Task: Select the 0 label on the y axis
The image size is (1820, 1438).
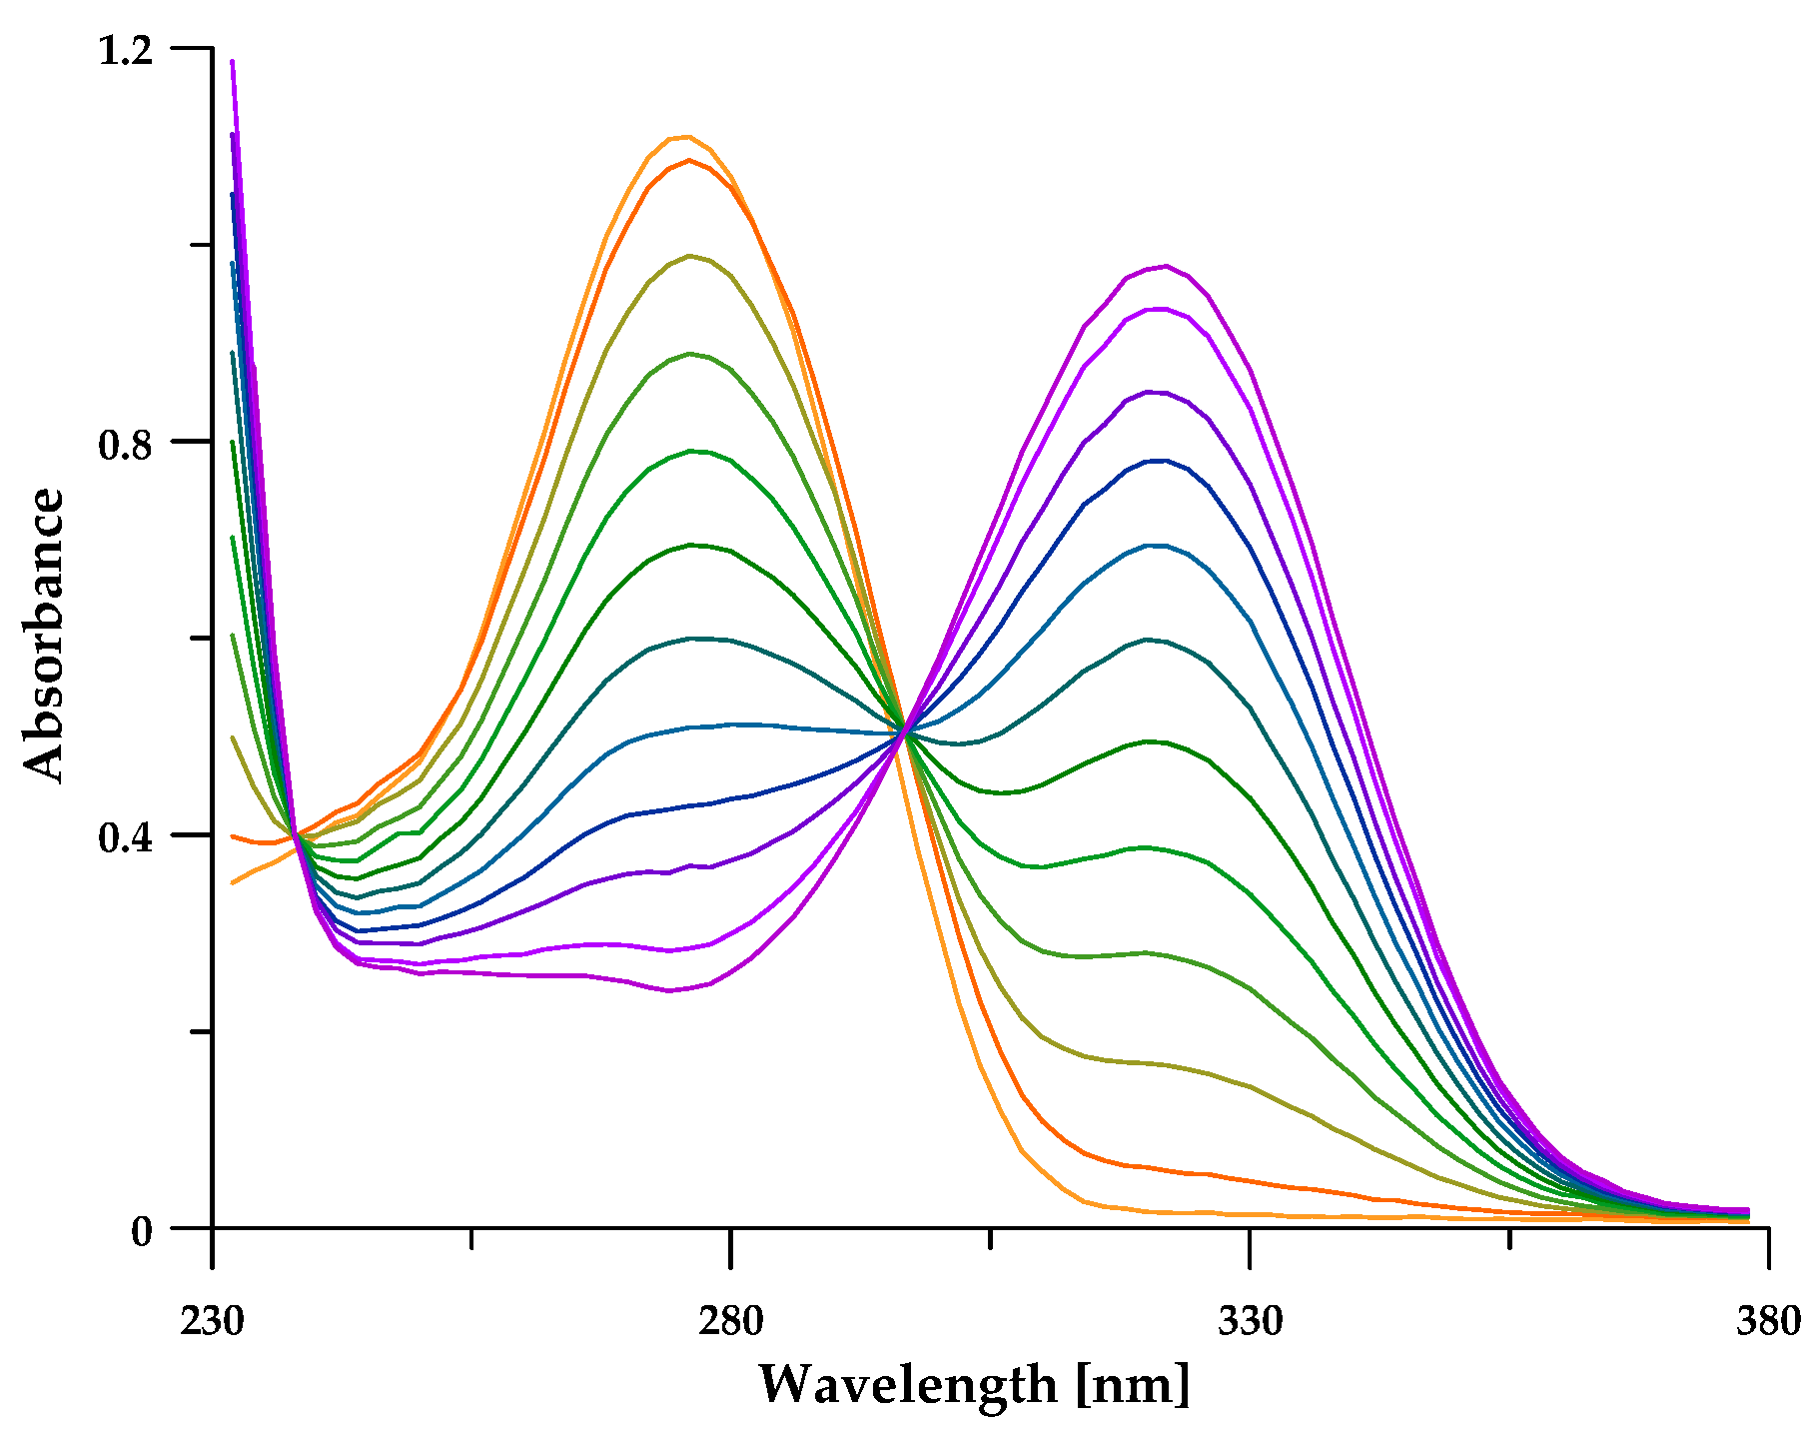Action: click(142, 1231)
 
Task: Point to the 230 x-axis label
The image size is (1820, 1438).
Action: click(212, 1322)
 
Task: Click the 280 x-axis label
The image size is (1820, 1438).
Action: click(731, 1322)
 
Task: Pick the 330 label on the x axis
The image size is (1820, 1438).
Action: click(1250, 1322)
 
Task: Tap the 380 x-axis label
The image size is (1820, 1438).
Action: click(1768, 1322)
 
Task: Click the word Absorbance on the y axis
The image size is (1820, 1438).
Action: click(44, 635)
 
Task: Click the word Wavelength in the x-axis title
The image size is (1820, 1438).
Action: click(908, 1385)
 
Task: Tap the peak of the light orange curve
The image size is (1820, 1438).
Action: click(687, 136)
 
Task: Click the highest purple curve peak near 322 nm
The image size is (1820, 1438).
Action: click(1166, 266)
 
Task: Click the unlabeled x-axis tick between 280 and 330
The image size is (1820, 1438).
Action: click(990, 1239)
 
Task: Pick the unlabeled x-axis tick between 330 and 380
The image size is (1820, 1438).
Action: click(1509, 1239)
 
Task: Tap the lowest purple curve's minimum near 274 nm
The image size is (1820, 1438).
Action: click(670, 991)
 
